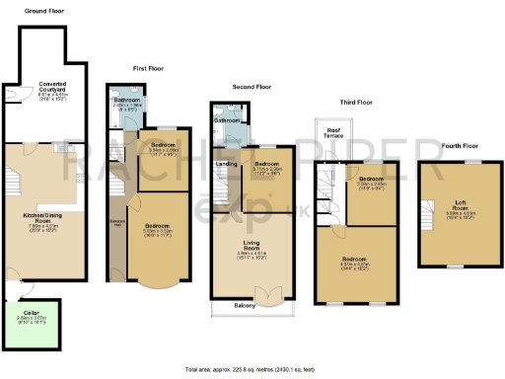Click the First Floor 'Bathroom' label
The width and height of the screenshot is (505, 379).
pyautogui.click(x=126, y=100)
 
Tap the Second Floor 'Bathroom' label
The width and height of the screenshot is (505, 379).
pyautogui.click(x=226, y=120)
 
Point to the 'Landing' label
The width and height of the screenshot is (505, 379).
pyautogui.click(x=225, y=164)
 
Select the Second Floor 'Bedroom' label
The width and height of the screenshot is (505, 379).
pyautogui.click(x=267, y=164)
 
